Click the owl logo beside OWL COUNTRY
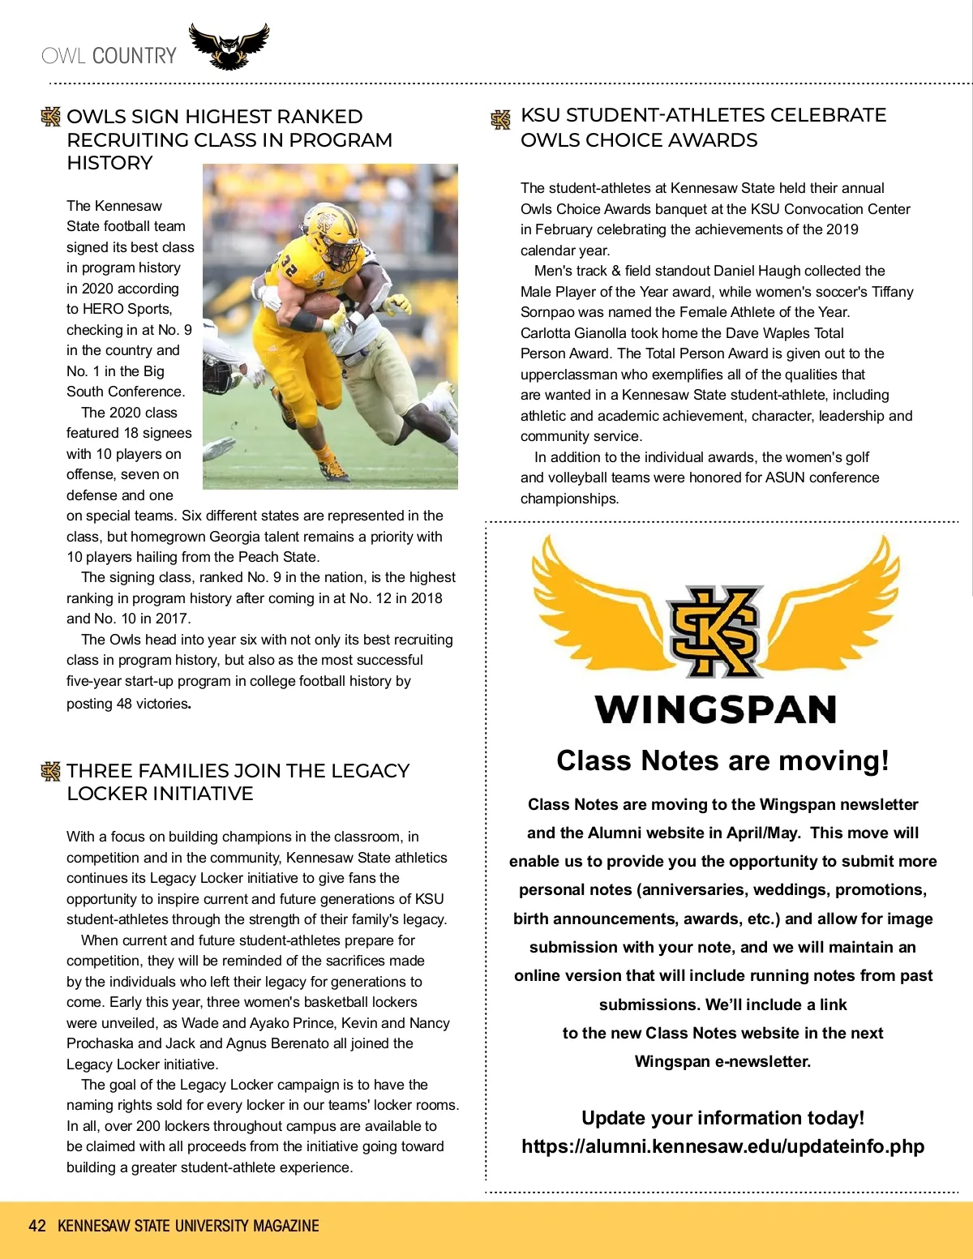(x=229, y=46)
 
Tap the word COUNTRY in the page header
(x=134, y=56)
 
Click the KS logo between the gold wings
(x=715, y=631)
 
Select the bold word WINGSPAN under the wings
(x=715, y=709)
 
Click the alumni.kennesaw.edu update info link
(x=722, y=1146)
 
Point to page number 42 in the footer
(x=37, y=1226)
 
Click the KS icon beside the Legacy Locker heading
(x=51, y=771)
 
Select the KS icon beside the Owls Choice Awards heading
(x=501, y=120)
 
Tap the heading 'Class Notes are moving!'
(x=722, y=760)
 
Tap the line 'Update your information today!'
(x=722, y=1118)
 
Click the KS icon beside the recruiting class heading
(x=51, y=117)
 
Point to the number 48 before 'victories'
(x=124, y=704)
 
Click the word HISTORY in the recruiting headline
(x=109, y=163)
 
